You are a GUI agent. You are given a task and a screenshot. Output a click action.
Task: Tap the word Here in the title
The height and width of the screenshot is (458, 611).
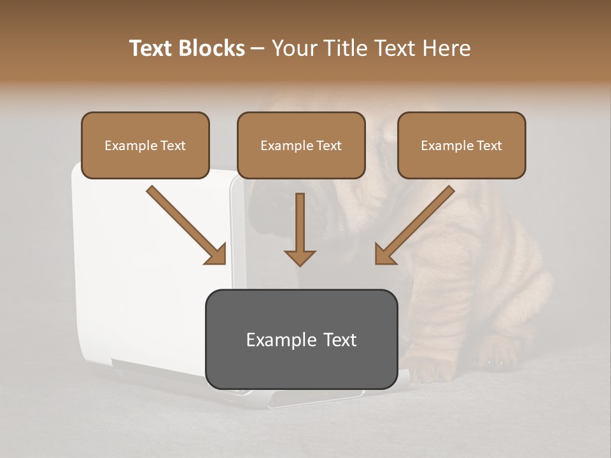[446, 48]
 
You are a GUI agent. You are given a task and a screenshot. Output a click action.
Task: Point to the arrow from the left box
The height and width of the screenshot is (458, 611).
[185, 224]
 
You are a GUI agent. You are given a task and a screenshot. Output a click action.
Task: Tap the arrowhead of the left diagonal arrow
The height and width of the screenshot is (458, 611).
[216, 254]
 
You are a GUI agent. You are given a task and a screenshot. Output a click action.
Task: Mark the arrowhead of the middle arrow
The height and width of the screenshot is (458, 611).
[300, 257]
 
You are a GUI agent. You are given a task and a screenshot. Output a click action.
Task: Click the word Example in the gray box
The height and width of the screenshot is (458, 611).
[276, 340]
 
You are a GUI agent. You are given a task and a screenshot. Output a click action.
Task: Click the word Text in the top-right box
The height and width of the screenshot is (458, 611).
[489, 146]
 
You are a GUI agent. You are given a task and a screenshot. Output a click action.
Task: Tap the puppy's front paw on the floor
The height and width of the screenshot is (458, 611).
[496, 359]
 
